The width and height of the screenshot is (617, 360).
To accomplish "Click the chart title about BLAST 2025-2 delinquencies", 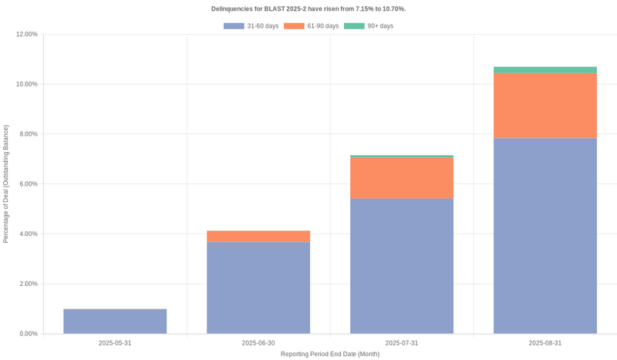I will [308, 8].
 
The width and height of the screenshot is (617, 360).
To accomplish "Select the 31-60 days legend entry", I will [251, 26].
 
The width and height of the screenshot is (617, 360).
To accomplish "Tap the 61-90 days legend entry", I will [312, 26].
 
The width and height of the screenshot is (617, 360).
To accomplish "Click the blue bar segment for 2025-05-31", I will [115, 321].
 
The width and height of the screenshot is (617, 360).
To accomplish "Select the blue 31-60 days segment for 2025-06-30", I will [258, 288].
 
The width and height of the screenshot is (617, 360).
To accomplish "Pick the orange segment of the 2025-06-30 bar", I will [258, 237].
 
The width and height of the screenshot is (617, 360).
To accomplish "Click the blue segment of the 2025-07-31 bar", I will [402, 266].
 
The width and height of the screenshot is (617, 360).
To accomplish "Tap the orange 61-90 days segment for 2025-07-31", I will [402, 178].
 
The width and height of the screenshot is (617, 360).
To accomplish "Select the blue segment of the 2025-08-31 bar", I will [545, 236].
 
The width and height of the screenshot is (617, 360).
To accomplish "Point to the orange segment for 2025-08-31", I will [545, 106].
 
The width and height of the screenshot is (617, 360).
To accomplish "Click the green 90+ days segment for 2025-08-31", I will [545, 70].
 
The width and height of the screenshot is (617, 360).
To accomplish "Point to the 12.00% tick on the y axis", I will [26, 34].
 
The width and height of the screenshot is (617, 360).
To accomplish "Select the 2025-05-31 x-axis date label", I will [115, 343].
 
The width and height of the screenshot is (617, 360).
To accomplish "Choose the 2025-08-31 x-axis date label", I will [545, 343].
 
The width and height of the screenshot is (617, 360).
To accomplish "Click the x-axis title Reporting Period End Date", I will [330, 354].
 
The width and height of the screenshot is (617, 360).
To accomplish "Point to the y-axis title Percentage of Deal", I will [6, 184].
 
